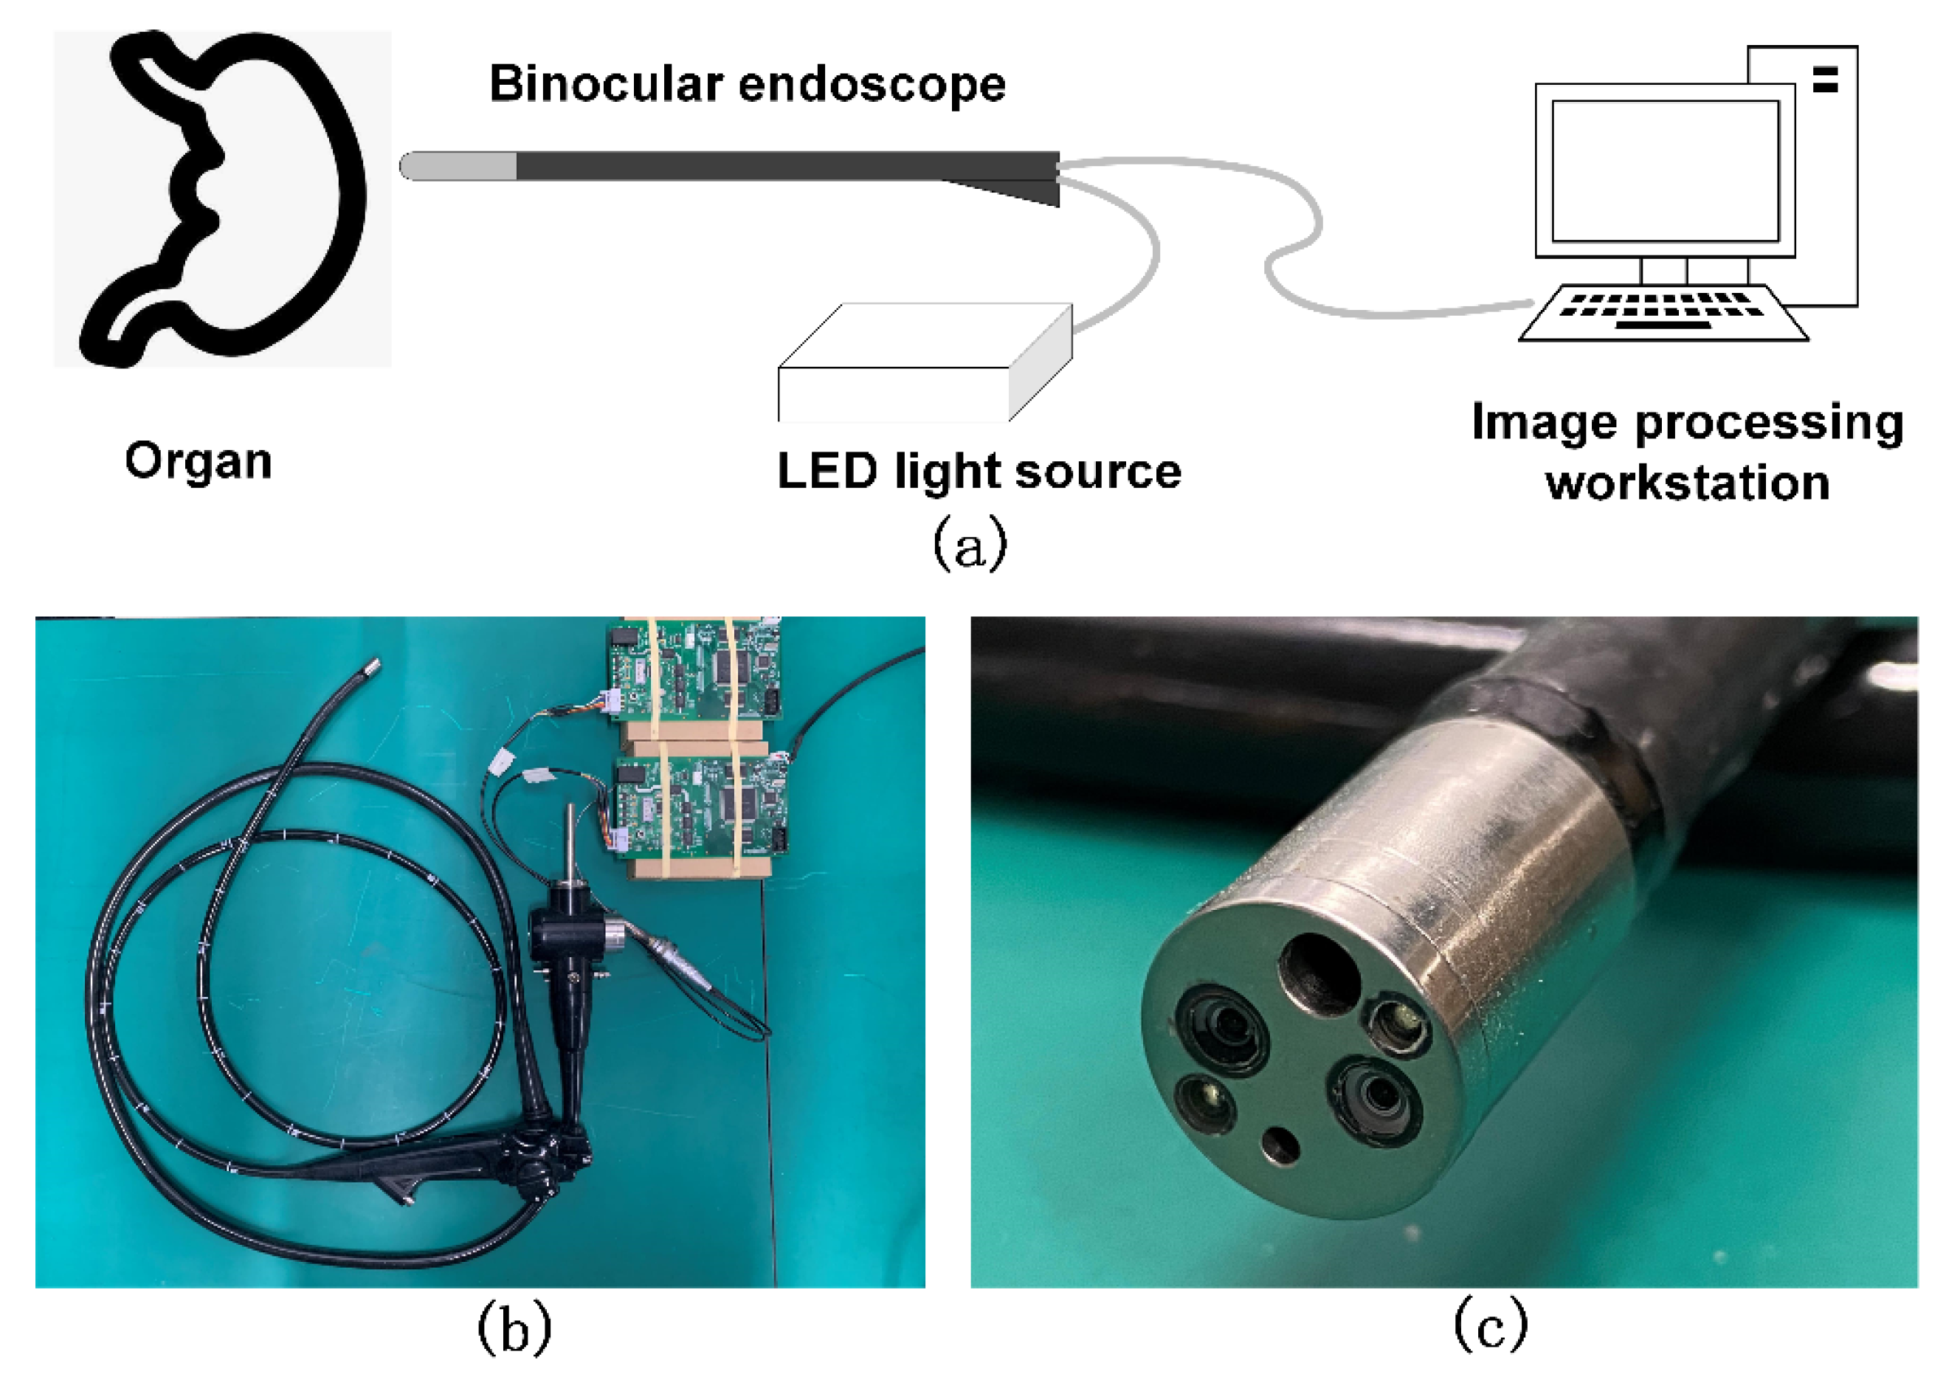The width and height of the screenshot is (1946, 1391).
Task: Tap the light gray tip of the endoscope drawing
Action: click(458, 165)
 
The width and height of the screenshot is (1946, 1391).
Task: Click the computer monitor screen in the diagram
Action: click(1664, 171)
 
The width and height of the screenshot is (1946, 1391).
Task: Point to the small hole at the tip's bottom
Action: click(1280, 1144)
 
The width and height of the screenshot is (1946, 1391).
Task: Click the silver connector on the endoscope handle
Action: click(617, 933)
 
